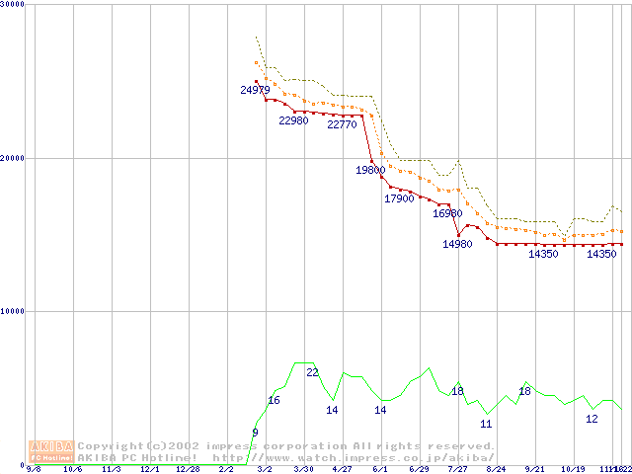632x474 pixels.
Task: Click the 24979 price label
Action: point(255,90)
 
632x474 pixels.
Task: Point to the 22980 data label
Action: point(293,120)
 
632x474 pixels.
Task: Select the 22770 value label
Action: point(342,124)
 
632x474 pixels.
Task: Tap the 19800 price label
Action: point(370,170)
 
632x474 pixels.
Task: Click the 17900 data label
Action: point(399,198)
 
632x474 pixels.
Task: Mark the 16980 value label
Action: point(447,213)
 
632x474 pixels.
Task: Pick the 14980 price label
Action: point(457,244)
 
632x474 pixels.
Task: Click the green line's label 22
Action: point(312,372)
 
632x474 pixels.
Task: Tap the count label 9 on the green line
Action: point(255,433)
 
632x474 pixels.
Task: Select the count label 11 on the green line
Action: point(486,424)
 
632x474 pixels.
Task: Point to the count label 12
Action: point(592,419)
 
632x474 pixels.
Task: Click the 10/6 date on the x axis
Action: point(72,470)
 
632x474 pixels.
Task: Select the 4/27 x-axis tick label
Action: point(342,470)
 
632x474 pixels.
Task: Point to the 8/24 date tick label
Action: point(496,470)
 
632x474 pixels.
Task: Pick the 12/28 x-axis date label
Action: point(188,470)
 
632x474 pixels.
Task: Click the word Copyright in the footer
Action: point(112,445)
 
